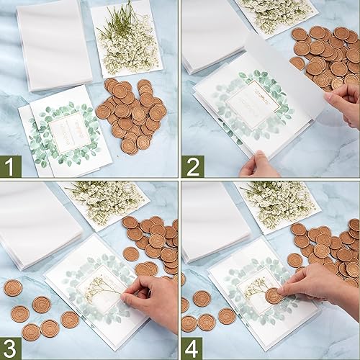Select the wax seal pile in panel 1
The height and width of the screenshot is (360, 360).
(133, 115)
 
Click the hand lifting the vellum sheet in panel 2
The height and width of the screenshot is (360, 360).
(344, 101)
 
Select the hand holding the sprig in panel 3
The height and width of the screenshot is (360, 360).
(155, 295)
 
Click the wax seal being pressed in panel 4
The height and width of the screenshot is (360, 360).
(274, 296)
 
